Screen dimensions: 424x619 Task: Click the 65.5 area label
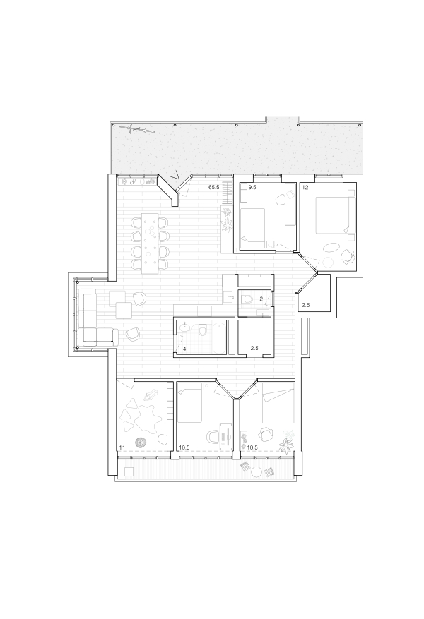214,188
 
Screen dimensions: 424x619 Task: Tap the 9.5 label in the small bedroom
252,188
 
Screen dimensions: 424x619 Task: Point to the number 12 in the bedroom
305,188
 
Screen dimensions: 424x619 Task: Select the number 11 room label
122,447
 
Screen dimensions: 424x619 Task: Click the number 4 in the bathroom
184,349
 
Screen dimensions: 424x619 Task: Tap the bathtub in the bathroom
219,338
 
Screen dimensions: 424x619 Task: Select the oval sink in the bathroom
184,327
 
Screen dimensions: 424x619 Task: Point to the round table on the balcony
257,471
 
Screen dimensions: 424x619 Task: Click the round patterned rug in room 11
141,442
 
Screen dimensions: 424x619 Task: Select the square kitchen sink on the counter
228,296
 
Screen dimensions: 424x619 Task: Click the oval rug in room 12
331,248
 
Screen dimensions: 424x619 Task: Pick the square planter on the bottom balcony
129,471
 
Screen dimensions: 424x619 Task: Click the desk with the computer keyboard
225,436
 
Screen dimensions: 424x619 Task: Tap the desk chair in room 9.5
281,200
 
